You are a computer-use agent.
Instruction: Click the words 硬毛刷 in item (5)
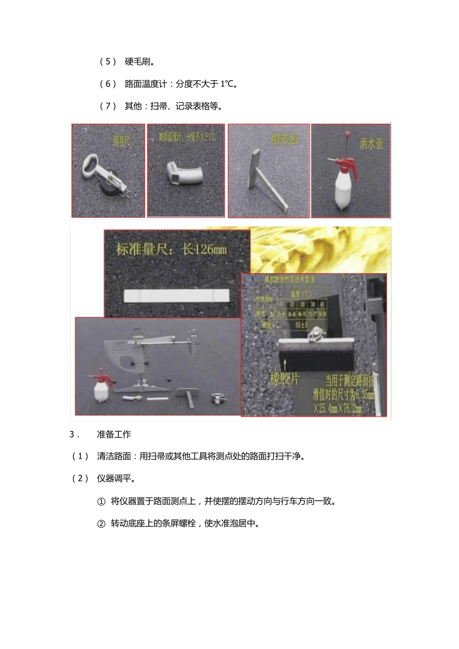tap(139, 62)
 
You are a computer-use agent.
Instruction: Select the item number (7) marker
tap(108, 106)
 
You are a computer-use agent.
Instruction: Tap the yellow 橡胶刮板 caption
tap(284, 140)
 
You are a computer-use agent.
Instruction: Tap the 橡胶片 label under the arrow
tap(285, 378)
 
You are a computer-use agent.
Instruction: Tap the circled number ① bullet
tap(101, 501)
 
